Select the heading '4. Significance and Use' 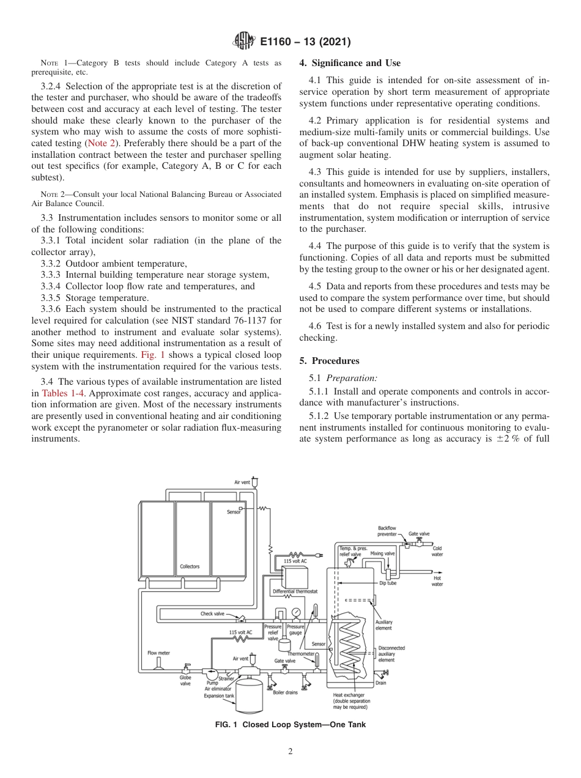pos(350,63)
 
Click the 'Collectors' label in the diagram pos(189,566)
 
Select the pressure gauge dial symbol pos(296,612)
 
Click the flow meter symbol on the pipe pos(158,662)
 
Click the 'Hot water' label pos(437,581)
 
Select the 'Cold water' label pos(437,551)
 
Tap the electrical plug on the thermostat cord pos(318,555)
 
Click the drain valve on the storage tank pos(383,673)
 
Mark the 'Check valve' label pos(212,613)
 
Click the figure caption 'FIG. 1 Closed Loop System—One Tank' pos(290,725)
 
